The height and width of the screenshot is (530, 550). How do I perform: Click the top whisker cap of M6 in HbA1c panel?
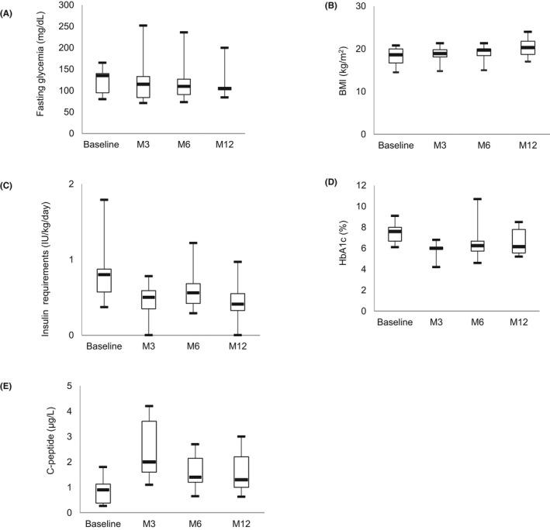point(456,199)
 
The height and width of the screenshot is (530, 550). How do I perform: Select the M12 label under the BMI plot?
point(505,145)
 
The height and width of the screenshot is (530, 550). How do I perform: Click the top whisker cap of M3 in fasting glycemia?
point(144,26)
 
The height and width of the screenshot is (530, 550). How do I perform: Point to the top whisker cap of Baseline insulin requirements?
point(102,200)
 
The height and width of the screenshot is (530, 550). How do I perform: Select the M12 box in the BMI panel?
point(505,46)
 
